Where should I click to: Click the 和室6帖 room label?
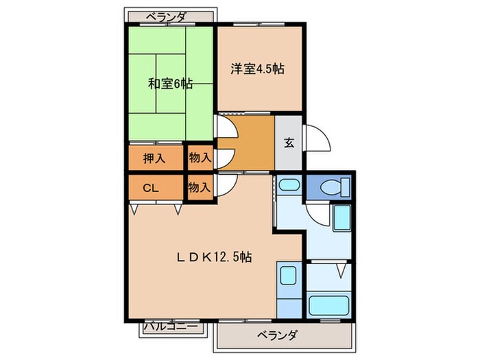tap(170, 84)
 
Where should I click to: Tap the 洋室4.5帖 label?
tap(258, 69)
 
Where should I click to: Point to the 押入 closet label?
tap(154, 158)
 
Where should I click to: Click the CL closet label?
tap(152, 187)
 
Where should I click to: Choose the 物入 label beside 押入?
tap(199, 158)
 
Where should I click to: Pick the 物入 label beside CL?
tap(199, 187)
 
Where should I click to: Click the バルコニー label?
tap(173, 328)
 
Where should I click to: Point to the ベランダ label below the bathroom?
tap(278, 336)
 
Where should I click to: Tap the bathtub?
tap(329, 304)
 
